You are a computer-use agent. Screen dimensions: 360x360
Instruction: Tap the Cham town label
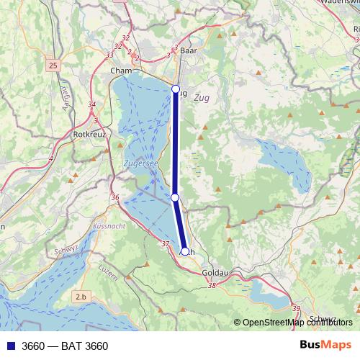click(121, 71)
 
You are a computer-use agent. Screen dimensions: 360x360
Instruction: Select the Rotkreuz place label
click(90, 134)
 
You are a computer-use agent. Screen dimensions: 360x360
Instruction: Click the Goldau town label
click(217, 274)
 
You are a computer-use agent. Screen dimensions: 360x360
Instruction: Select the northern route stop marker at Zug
click(176, 89)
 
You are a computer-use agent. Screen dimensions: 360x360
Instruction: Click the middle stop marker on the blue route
click(175, 197)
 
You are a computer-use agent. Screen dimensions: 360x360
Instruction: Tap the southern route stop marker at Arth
click(185, 251)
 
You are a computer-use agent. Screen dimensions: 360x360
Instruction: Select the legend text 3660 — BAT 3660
click(66, 346)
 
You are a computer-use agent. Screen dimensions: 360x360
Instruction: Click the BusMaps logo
click(326, 345)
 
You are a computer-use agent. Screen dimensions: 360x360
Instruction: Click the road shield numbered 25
click(53, 66)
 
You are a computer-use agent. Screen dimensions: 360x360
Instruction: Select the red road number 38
click(212, 285)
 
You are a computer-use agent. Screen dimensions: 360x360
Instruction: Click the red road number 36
click(115, 197)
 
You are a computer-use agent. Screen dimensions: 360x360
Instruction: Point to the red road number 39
click(297, 308)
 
